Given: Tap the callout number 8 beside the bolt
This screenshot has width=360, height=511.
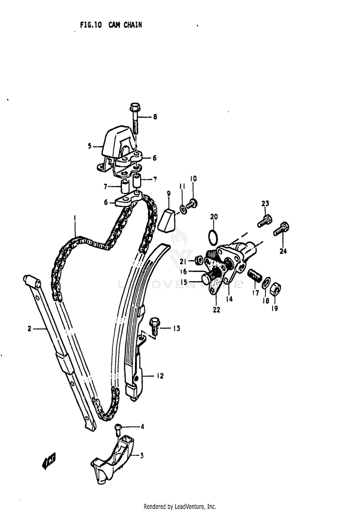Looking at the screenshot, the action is click(x=155, y=117).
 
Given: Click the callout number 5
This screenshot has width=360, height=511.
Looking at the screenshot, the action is click(x=89, y=146).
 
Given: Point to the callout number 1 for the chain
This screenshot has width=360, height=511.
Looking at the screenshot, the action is click(x=75, y=219).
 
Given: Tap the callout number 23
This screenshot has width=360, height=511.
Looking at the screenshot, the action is click(x=265, y=204).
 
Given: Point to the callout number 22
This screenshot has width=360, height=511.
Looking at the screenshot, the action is click(x=216, y=310).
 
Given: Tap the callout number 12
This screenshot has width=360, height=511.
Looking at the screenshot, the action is click(x=160, y=376).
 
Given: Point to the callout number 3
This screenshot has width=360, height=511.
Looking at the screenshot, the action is click(x=142, y=455).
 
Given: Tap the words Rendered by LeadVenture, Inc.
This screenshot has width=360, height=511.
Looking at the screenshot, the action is click(x=180, y=506).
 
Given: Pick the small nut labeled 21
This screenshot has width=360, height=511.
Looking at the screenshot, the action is click(x=197, y=261).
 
